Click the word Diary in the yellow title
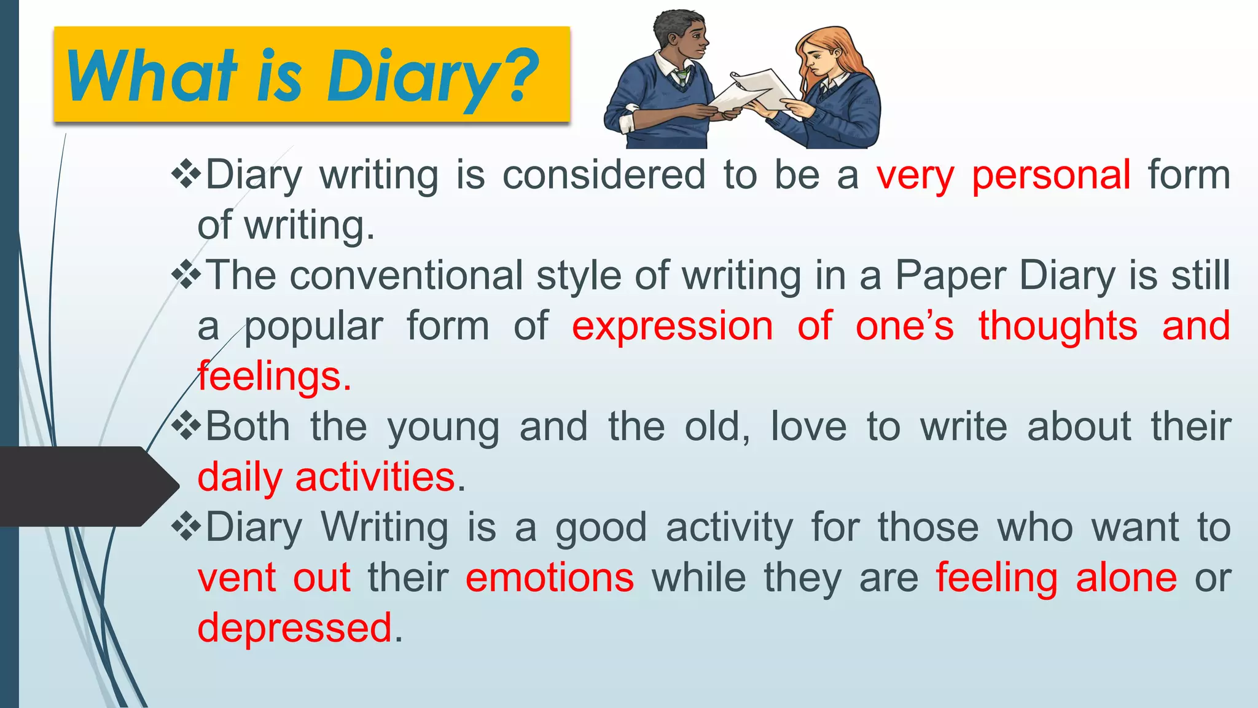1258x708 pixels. [x=412, y=77]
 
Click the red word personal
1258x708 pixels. [x=1051, y=175]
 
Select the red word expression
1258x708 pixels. [x=673, y=326]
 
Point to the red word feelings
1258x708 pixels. [x=274, y=376]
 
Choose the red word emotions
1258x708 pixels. [x=550, y=578]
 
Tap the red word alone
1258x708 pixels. [x=1126, y=578]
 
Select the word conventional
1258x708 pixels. [x=407, y=275]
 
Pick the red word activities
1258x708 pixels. [x=375, y=477]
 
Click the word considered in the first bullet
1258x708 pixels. [x=604, y=175]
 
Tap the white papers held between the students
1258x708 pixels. [x=752, y=92]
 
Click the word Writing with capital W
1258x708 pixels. [x=385, y=527]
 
